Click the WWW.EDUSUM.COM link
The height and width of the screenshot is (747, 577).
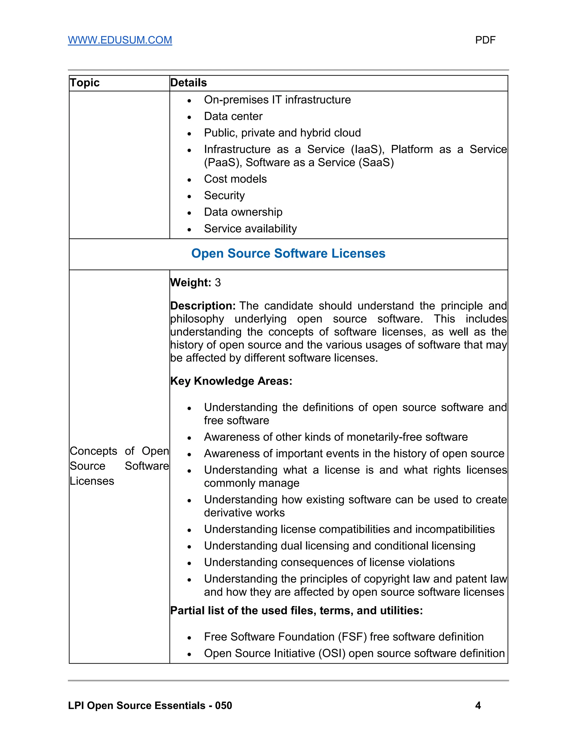[x=120, y=40]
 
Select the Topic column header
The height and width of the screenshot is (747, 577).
[x=85, y=83]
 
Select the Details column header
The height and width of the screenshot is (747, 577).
[x=188, y=83]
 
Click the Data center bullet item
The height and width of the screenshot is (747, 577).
[x=233, y=116]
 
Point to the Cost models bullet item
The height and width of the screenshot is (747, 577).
[x=235, y=179]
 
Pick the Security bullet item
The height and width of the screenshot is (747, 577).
[x=224, y=195]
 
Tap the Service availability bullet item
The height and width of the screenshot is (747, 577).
[x=250, y=229]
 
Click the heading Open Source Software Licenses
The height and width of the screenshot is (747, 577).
[x=288, y=253]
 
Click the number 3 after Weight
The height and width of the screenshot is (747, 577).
[x=218, y=282]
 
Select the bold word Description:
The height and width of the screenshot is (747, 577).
[x=203, y=306]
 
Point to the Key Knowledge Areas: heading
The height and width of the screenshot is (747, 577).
[x=231, y=381]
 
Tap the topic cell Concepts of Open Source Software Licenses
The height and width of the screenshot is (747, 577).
[x=119, y=466]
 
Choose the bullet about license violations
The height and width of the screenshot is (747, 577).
[x=329, y=562]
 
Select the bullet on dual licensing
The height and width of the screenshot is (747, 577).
[x=339, y=546]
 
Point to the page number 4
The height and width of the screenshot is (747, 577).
[x=478, y=706]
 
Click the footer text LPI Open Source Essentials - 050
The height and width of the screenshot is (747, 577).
[x=150, y=706]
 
